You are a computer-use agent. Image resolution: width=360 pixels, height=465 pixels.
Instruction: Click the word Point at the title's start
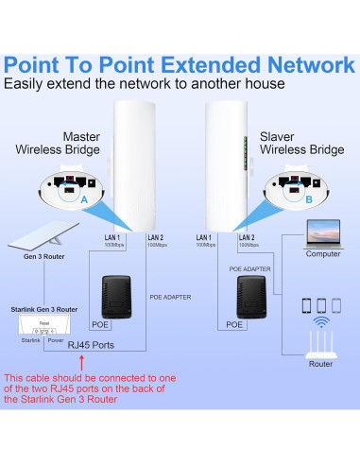[46, 65]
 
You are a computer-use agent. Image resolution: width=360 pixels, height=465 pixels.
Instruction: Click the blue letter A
[84, 201]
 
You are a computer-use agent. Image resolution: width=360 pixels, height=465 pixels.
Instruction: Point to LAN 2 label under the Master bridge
[156, 238]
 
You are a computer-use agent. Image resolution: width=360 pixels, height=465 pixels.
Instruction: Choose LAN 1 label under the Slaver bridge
[203, 238]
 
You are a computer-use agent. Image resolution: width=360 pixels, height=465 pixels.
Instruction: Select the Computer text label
[323, 253]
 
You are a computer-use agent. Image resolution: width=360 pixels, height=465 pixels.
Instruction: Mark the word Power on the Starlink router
[56, 337]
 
